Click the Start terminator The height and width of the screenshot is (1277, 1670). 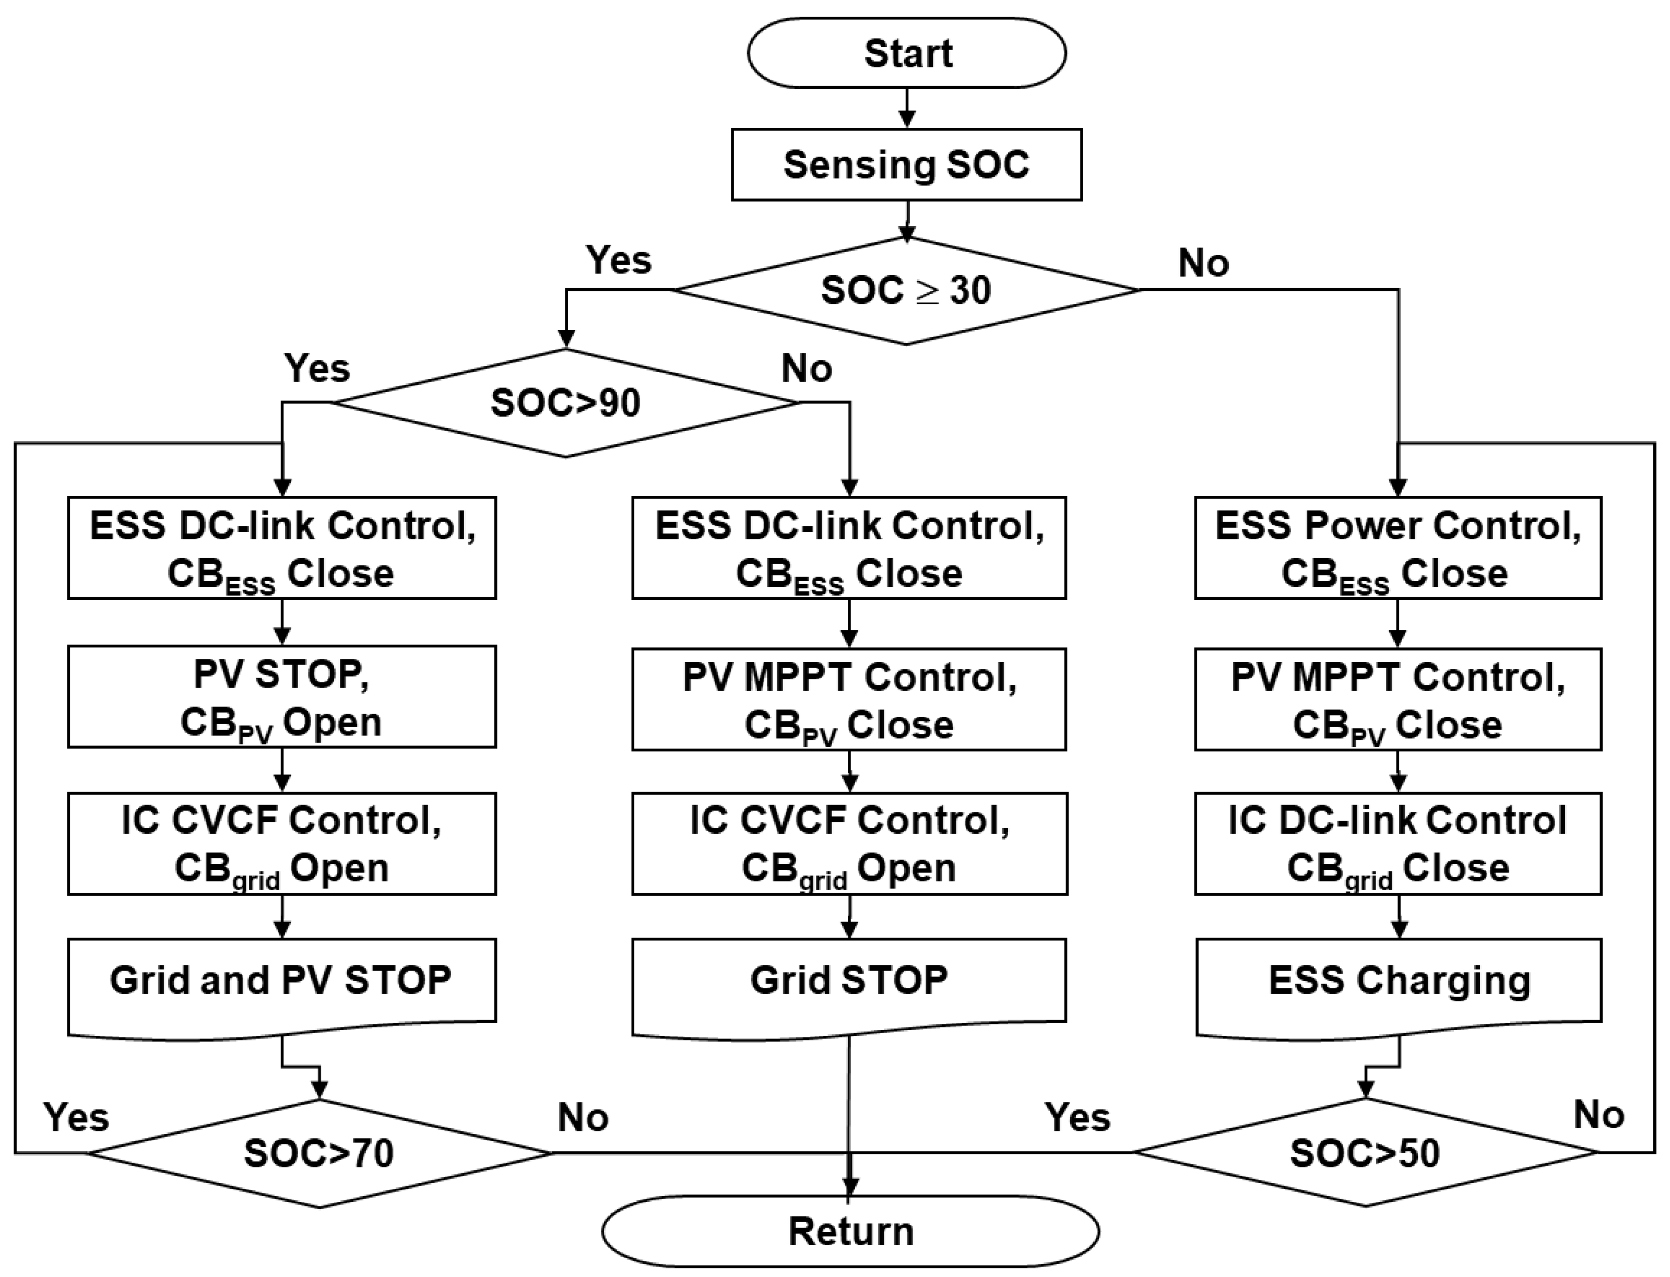coord(907,53)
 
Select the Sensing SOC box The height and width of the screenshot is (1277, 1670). coord(906,165)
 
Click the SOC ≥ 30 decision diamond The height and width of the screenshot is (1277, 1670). coord(906,290)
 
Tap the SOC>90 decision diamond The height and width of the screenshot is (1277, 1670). coord(565,403)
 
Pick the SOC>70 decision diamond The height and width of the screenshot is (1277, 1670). coord(319,1153)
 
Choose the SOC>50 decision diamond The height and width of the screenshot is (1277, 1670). coord(1365,1153)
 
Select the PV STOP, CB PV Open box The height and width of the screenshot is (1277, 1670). coord(281,697)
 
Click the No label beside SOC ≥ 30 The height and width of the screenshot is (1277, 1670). coord(1203,264)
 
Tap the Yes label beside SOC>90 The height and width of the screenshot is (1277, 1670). coord(317,369)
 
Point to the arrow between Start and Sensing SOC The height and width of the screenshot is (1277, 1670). coord(906,109)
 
